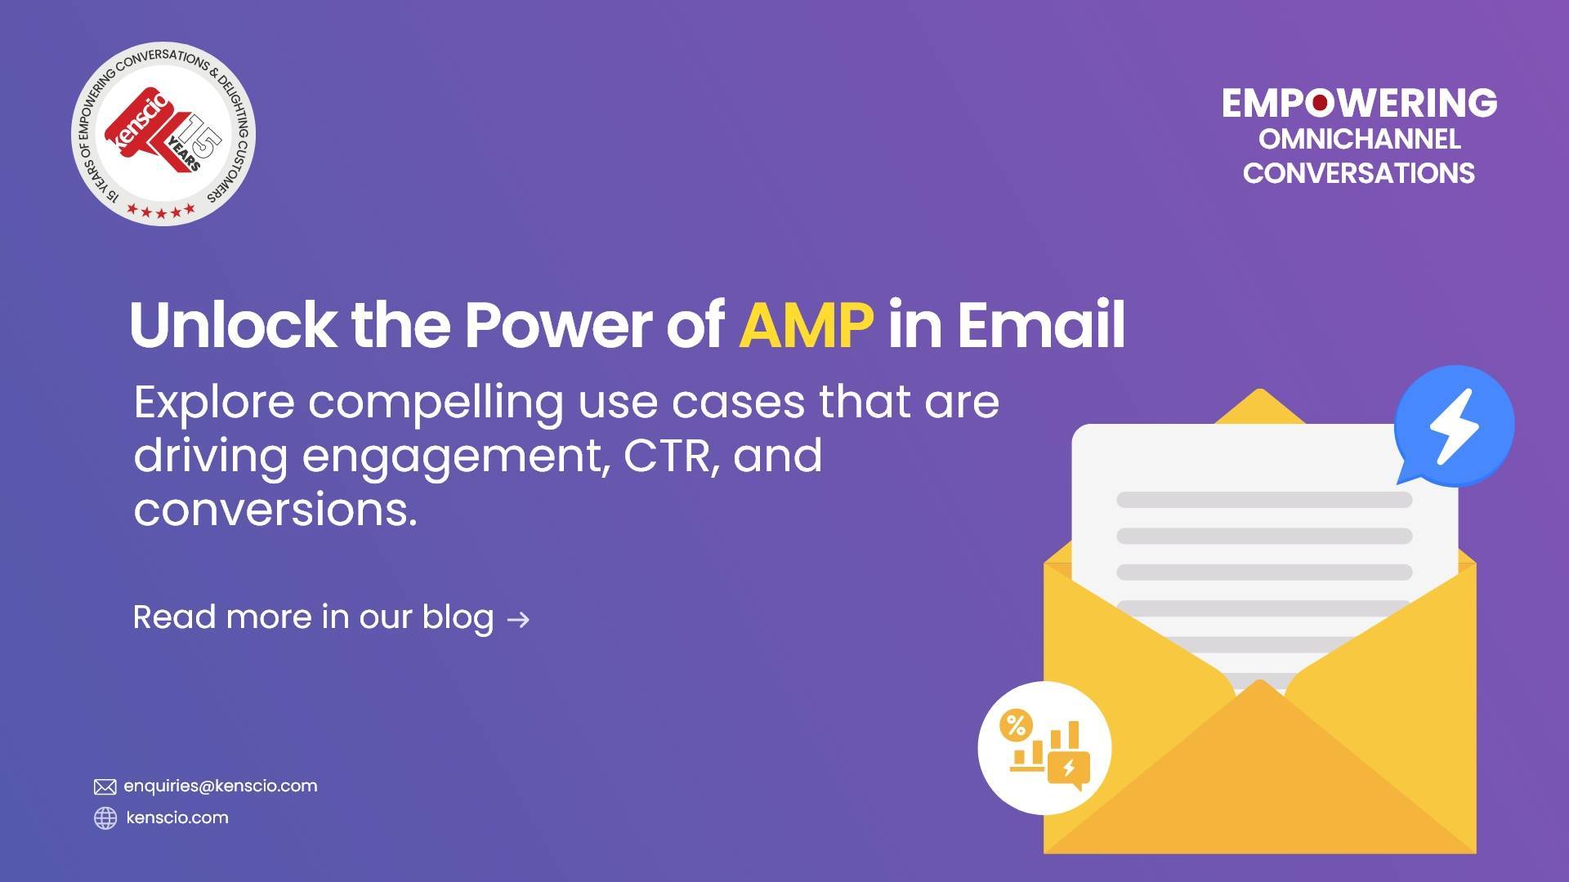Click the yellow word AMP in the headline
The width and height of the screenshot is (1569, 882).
[805, 325]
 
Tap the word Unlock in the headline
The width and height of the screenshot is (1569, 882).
[231, 325]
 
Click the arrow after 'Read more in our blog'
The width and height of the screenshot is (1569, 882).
[518, 620]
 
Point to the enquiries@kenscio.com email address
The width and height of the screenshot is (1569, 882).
[220, 786]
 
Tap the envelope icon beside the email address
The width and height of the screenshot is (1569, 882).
[105, 786]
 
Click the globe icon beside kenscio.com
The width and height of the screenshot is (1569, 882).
[105, 817]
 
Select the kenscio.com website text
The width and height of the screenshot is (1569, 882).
[177, 817]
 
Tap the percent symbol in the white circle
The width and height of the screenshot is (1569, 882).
[1016, 724]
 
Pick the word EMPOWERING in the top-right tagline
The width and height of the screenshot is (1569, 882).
[1359, 103]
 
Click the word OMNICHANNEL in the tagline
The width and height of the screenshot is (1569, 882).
[1359, 139]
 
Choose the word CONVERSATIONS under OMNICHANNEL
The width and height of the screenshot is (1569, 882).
[1359, 173]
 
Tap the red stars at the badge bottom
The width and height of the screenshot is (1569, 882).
[161, 211]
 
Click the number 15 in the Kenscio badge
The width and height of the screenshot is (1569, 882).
[200, 137]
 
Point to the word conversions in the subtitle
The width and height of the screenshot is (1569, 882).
[275, 510]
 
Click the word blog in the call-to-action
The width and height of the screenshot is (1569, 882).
[458, 617]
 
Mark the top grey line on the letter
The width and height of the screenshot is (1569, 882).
[1263, 500]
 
